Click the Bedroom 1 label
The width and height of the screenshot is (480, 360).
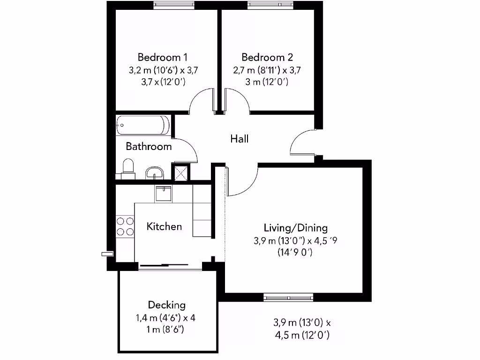tap(162, 57)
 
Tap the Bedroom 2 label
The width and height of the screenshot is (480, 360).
tap(267, 57)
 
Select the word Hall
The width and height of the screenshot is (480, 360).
tap(239, 139)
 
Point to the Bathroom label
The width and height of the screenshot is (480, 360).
tap(149, 146)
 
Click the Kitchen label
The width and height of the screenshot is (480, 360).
tap(164, 226)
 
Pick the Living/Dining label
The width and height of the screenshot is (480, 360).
tap(295, 228)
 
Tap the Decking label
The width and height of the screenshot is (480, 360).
tap(166, 305)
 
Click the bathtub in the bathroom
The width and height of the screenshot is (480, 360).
tap(143, 125)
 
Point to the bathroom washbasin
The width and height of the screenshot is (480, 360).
tap(154, 173)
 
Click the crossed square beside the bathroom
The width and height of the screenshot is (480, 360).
tap(182, 172)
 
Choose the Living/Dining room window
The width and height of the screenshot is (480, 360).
tap(287, 297)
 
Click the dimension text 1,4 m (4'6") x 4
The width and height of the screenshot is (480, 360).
tap(165, 318)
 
